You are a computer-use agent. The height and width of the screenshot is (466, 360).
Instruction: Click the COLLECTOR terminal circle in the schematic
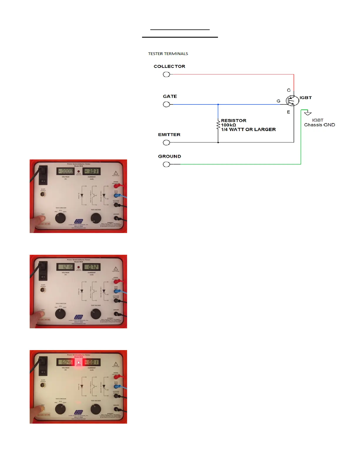point(166,74)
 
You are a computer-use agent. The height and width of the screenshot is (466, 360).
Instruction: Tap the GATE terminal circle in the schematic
point(166,104)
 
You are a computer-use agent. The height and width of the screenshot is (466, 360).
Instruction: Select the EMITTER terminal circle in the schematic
point(166,143)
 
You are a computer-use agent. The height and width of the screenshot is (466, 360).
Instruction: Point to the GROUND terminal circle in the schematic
point(166,164)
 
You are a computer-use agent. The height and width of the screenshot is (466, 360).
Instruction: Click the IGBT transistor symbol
point(292,101)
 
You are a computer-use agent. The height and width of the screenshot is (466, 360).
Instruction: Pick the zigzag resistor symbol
point(218,125)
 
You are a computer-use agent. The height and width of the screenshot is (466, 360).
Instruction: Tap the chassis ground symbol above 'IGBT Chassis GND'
point(308,113)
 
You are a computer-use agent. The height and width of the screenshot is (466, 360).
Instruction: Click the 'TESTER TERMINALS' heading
point(168,54)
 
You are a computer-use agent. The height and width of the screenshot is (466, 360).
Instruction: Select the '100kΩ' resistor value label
point(229,125)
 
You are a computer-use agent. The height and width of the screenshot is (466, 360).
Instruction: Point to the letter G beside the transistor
point(278,101)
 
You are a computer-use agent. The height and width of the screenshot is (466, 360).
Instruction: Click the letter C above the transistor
point(289,90)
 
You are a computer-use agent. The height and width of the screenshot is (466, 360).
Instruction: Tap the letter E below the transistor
point(289,112)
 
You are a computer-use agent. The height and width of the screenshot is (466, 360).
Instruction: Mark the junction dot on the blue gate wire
point(218,104)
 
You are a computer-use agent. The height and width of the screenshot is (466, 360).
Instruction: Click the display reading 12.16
point(65,267)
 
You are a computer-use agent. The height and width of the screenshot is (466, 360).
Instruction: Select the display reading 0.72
point(91,267)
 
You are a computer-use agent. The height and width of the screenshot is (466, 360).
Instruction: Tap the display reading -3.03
point(91,171)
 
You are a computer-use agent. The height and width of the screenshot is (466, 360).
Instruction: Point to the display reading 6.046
point(66,362)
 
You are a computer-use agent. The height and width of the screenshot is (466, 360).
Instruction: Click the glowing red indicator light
point(79,362)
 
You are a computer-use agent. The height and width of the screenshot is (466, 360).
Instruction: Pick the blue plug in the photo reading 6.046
point(117,387)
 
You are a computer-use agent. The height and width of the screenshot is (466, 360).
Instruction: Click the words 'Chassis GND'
point(319,125)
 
